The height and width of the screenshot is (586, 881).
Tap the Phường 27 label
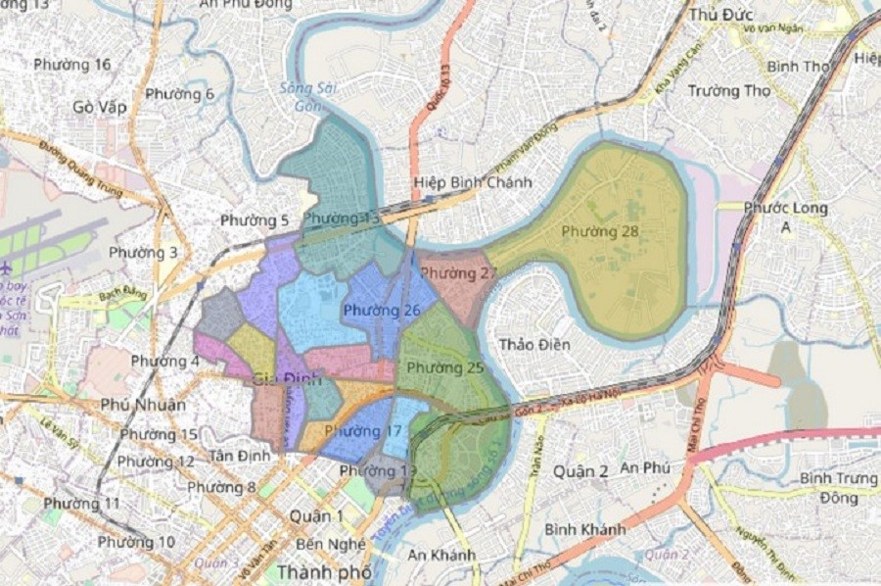tap(459, 272)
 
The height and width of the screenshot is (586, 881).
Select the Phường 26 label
tap(382, 311)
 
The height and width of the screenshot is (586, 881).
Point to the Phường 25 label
tap(445, 367)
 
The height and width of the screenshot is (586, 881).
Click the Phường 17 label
tap(363, 430)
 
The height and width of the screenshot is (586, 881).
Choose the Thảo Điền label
tap(534, 344)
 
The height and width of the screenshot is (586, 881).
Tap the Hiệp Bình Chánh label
tap(473, 182)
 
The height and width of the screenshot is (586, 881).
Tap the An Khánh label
tap(441, 555)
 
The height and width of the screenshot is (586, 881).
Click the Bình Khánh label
tap(585, 529)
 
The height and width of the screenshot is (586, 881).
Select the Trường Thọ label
tap(729, 91)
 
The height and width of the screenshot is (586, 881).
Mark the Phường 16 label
tap(72, 65)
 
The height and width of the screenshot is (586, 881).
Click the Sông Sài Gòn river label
tap(301, 96)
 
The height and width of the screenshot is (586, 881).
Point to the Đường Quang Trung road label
tap(82, 171)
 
